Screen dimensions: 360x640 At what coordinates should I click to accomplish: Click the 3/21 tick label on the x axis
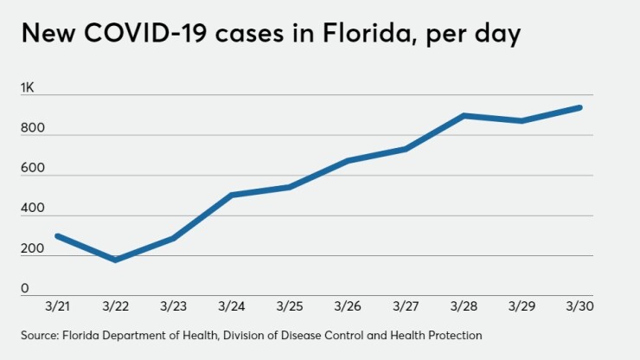[57, 307]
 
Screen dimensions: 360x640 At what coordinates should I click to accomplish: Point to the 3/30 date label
[579, 307]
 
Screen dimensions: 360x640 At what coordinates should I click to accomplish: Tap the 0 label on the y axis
[25, 288]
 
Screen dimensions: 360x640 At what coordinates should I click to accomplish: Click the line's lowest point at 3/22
[115, 260]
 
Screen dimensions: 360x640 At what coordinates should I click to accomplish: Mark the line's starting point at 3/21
[57, 235]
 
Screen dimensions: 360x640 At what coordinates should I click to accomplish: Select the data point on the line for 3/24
[232, 195]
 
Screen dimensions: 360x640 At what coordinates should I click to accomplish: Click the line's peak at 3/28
[464, 115]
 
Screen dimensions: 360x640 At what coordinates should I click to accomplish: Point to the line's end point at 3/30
[579, 107]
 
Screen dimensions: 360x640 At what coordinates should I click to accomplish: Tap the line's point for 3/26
[348, 160]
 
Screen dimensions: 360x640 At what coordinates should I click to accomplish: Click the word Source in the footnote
[40, 335]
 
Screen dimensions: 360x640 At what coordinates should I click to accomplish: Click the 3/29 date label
[522, 307]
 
